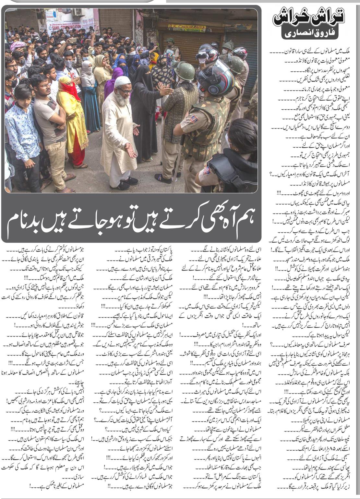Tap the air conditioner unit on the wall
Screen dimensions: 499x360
click(x=77, y=12)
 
